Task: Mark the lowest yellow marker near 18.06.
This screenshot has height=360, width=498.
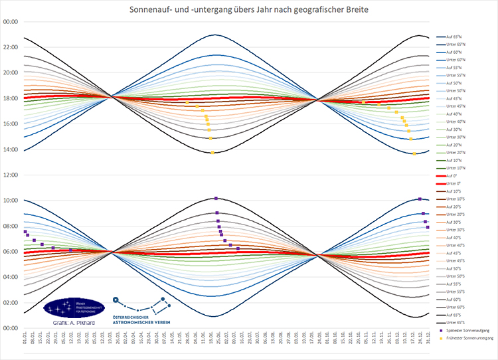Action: [212, 153]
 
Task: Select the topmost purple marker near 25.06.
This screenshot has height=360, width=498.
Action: [216, 198]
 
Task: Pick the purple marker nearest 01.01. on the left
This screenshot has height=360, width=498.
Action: [25, 231]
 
